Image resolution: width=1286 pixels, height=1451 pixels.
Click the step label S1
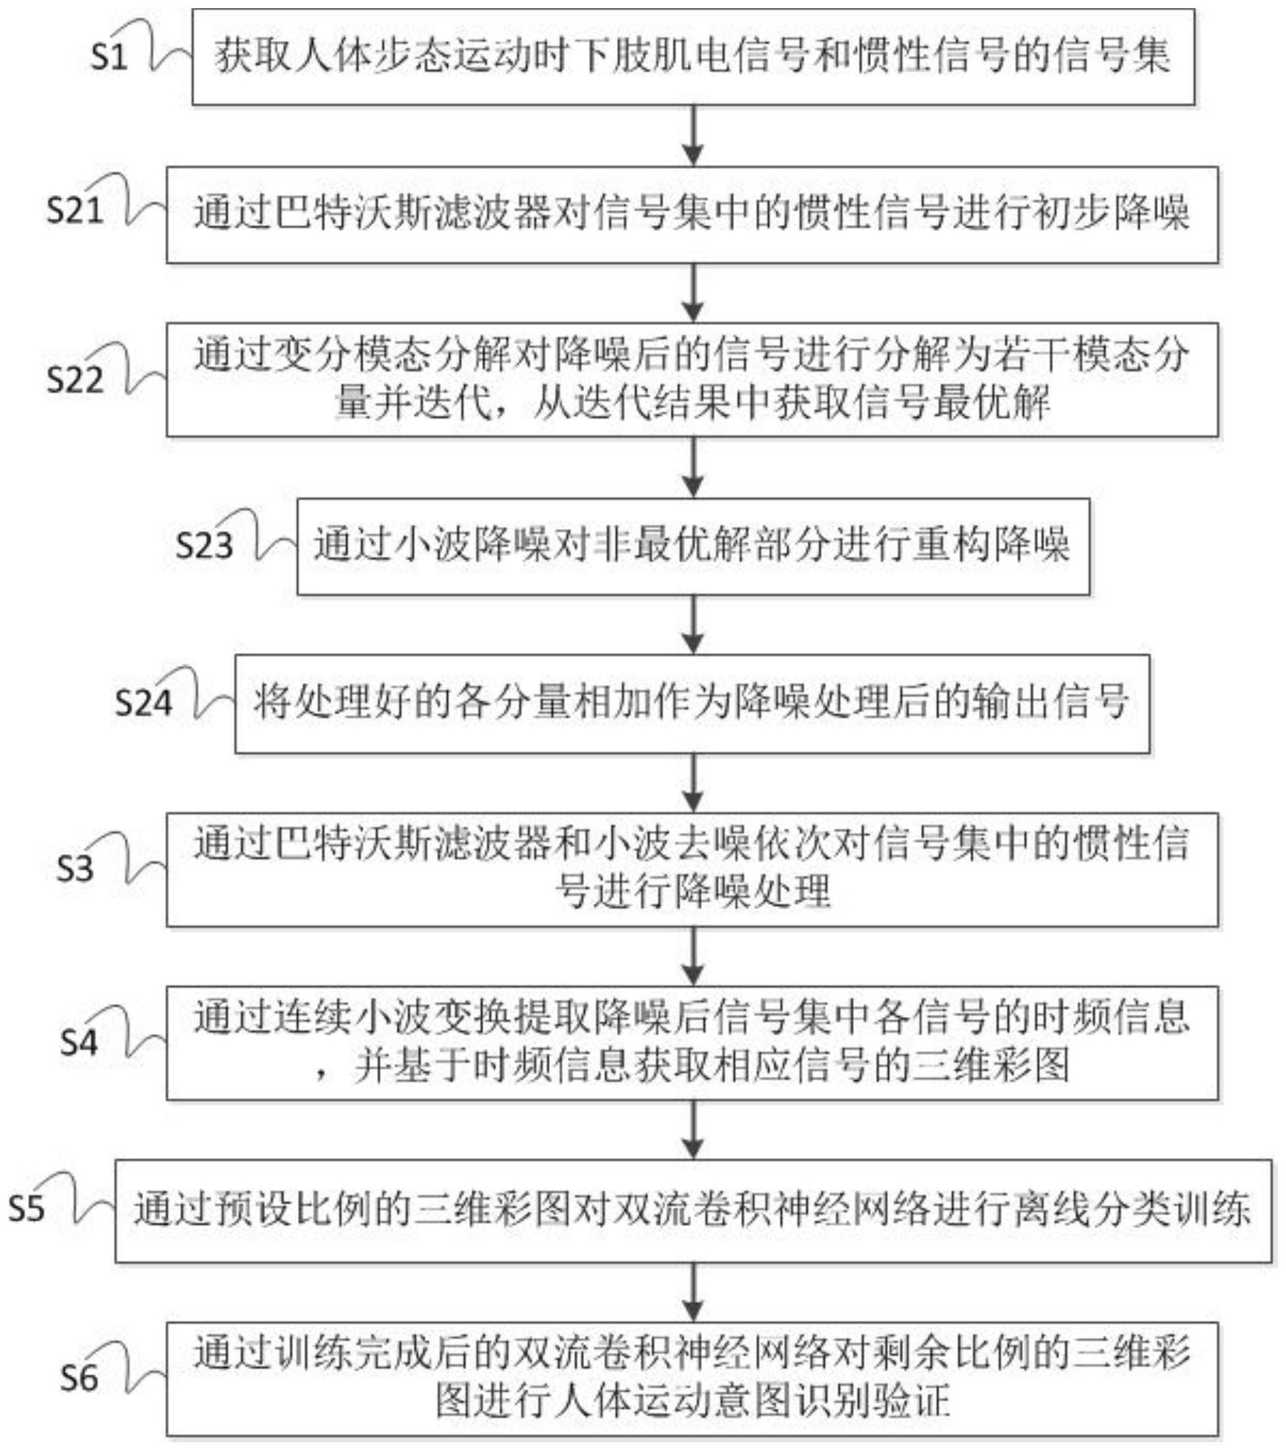click(109, 57)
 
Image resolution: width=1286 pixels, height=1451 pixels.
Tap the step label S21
click(75, 210)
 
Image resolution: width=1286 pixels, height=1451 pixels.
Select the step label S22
click(75, 379)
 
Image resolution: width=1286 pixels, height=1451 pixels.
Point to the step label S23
click(205, 545)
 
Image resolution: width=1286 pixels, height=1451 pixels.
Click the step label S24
click(143, 703)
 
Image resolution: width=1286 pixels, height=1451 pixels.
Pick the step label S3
click(75, 868)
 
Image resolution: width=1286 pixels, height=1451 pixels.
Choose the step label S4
click(78, 1042)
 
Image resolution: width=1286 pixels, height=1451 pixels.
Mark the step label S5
click(26, 1208)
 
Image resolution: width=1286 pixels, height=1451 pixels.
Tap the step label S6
click(78, 1378)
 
